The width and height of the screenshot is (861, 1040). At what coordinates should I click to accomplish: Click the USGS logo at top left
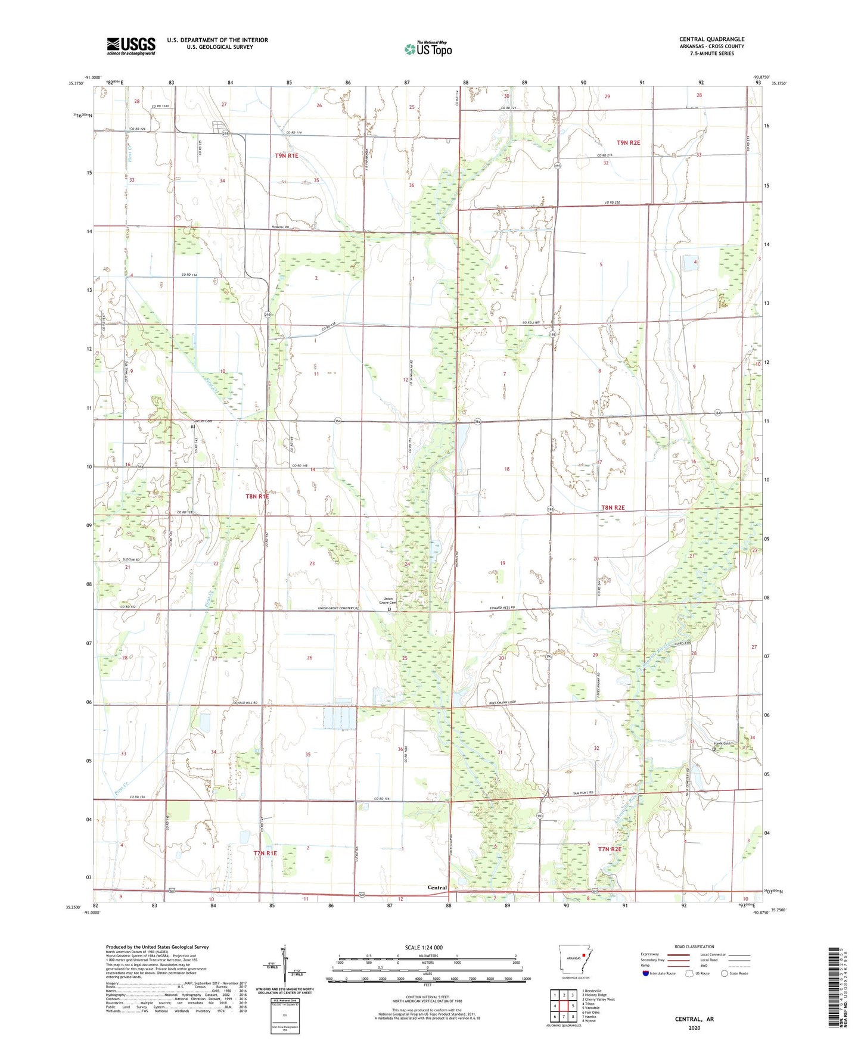click(x=131, y=46)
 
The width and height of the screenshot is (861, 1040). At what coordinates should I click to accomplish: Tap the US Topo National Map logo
click(x=428, y=49)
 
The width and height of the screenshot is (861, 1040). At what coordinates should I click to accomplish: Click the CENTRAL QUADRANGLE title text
click(x=711, y=39)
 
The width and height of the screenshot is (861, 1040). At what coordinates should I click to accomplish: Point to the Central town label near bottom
click(x=437, y=888)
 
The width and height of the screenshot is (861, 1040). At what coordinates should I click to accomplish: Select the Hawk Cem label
click(x=722, y=743)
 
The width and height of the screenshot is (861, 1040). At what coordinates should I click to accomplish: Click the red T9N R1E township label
click(x=286, y=155)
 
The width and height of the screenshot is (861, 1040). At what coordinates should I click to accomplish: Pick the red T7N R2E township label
click(x=610, y=849)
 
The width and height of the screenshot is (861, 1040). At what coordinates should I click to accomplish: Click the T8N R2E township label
click(x=613, y=507)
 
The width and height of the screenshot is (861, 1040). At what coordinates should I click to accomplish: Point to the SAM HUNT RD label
click(x=585, y=793)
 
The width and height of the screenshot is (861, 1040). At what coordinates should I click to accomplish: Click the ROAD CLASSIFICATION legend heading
click(x=694, y=946)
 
